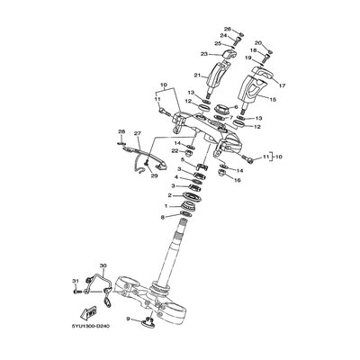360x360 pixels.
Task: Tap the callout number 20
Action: click(x=258, y=43)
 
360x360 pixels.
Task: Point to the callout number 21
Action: click(x=197, y=76)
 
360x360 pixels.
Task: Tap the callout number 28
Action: click(x=121, y=132)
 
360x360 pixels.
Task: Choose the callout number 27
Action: click(x=138, y=134)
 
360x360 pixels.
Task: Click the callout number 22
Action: click(x=175, y=151)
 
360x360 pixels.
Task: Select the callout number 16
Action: click(x=237, y=180)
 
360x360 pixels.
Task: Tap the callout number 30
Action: click(x=102, y=266)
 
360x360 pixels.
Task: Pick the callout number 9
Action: click(x=129, y=319)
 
